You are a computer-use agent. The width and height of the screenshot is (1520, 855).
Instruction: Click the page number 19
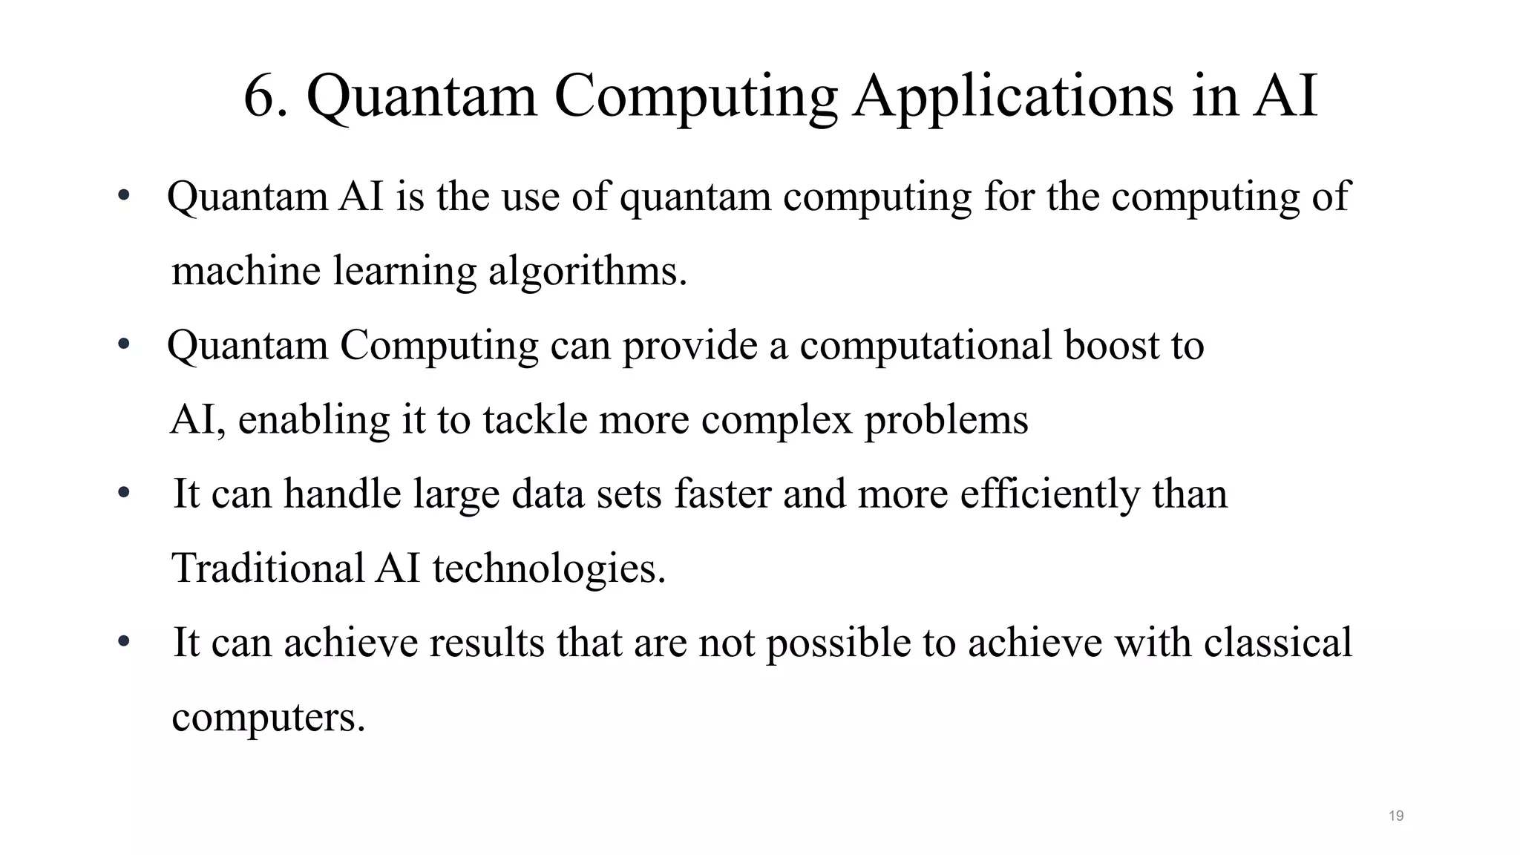tap(1395, 816)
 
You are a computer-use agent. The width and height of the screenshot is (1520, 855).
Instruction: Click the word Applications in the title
tap(1014, 96)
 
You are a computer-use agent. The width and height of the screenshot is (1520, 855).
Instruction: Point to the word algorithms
tap(587, 271)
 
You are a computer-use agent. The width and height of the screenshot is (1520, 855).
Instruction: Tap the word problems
tap(946, 421)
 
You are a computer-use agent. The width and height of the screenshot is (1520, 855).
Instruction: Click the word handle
tap(342, 494)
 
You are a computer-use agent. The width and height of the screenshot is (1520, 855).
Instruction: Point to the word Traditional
tap(268, 568)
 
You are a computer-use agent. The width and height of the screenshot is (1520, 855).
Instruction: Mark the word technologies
tap(549, 569)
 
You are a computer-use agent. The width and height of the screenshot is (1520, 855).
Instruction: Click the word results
tap(487, 642)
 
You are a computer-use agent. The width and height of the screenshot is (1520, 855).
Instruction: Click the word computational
tap(926, 347)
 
